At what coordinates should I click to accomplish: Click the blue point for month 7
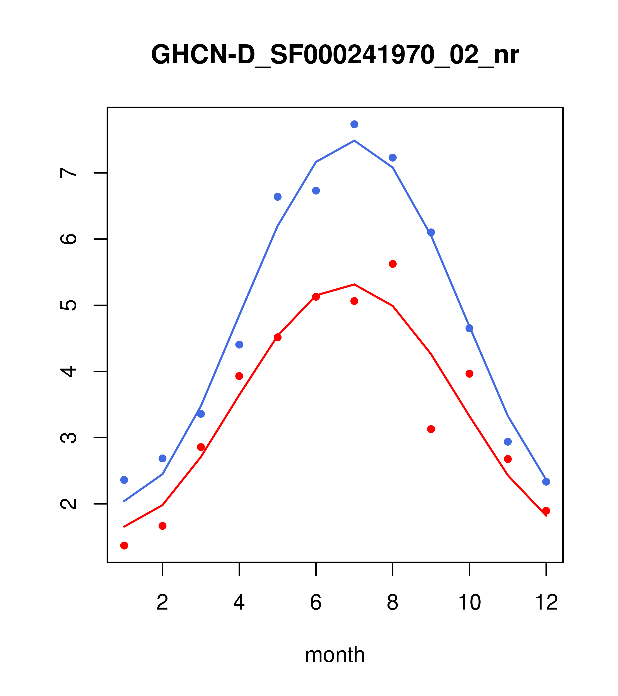point(354,124)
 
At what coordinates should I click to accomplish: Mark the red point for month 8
point(393,264)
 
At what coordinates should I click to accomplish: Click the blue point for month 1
point(124,480)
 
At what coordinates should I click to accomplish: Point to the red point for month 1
point(124,546)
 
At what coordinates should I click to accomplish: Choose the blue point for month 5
point(278,197)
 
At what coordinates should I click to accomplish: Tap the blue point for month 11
point(508,442)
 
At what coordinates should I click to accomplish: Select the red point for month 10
point(469,374)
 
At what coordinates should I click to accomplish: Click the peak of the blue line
point(354,141)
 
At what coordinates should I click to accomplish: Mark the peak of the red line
point(354,284)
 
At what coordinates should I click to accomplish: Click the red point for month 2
point(163,526)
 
